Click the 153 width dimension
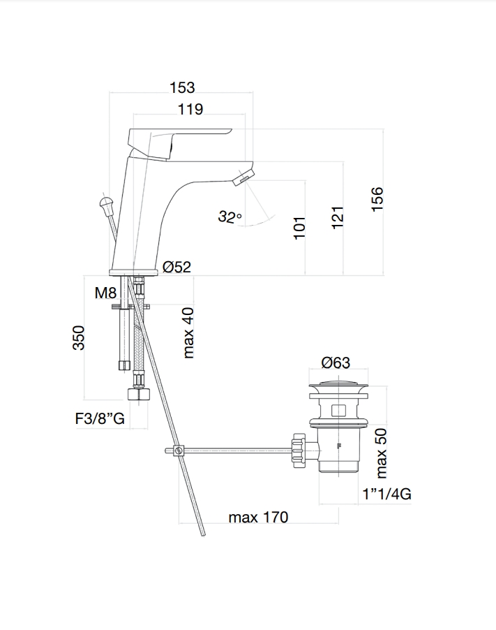pyautogui.click(x=182, y=87)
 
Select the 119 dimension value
pyautogui.click(x=190, y=109)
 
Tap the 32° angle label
pyautogui.click(x=230, y=217)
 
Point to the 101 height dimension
pyautogui.click(x=300, y=228)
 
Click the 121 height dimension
pyautogui.click(x=338, y=217)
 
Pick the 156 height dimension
pyautogui.click(x=377, y=199)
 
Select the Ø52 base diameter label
pyautogui.click(x=177, y=267)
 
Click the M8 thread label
pyautogui.click(x=105, y=293)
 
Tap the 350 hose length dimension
pyautogui.click(x=79, y=338)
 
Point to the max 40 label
pyautogui.click(x=188, y=332)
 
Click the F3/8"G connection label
pyautogui.click(x=100, y=418)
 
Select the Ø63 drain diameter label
pyautogui.click(x=336, y=362)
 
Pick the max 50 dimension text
pyautogui.click(x=381, y=453)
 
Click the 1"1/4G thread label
pyautogui.click(x=387, y=493)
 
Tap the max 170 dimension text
pyautogui.click(x=258, y=517)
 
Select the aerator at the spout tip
pyautogui.click(x=244, y=177)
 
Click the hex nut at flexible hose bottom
pyautogui.click(x=138, y=394)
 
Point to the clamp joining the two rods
pyautogui.click(x=179, y=450)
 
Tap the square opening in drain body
pyautogui.click(x=338, y=411)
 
